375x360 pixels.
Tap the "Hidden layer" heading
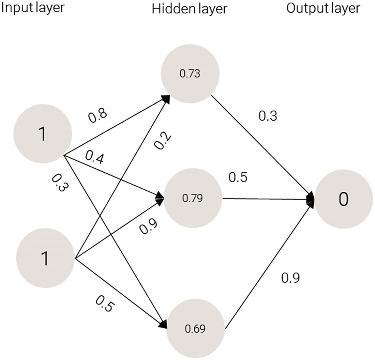pyautogui.click(x=189, y=9)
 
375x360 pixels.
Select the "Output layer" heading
pyautogui.click(x=323, y=8)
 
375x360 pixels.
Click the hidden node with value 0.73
pyautogui.click(x=191, y=74)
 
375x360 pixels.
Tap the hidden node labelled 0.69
pyautogui.click(x=195, y=329)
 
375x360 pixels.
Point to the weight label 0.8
pyautogui.click(x=98, y=116)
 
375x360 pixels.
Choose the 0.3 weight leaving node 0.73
pyautogui.click(x=268, y=116)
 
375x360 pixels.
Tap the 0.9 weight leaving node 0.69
pyautogui.click(x=290, y=278)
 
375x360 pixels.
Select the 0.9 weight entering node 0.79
pyautogui.click(x=148, y=226)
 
